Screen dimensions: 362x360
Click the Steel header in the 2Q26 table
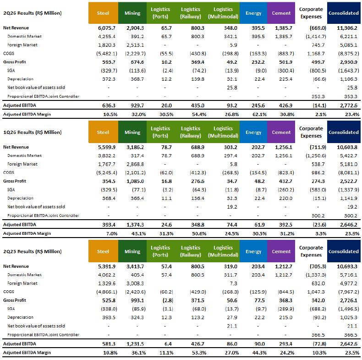pos(103,13)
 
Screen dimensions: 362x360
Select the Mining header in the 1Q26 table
pos(132,132)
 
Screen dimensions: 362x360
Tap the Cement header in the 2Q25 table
pos(281,251)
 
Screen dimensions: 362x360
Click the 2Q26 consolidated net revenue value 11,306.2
pos(347,28)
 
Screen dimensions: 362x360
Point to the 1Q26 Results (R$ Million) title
pos(33,132)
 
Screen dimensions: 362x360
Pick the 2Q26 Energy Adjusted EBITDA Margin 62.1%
pos(259,114)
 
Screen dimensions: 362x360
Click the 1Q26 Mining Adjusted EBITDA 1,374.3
pos(135,225)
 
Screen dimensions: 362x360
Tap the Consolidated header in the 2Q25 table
pos(344,251)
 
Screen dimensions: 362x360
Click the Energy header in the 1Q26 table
pos(253,132)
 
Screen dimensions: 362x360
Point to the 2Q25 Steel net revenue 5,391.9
pos(107,266)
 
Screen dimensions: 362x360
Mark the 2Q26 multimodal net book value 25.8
pos(232,88)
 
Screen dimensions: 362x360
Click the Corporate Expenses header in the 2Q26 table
pos(311,13)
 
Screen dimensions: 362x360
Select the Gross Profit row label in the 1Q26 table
pos(15,181)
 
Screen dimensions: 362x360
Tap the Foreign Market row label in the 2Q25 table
pos(22,283)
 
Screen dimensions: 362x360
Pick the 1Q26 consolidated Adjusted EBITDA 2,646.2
pos(349,225)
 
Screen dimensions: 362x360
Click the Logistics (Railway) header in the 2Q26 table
pos(191,13)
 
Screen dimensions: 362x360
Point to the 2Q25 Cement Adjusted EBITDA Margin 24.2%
pos(287,353)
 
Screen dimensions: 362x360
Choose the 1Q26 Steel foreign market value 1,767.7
pos(107,164)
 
